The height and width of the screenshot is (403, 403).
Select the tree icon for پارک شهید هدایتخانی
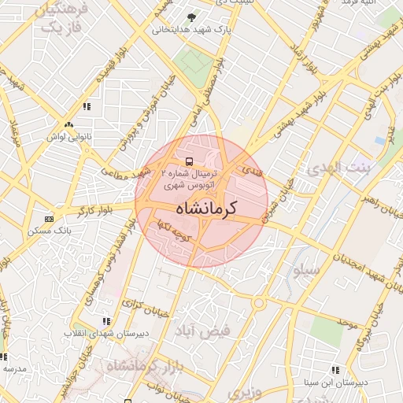191,17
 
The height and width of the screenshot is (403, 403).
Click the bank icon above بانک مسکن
50,219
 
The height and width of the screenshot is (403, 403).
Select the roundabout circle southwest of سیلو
258,303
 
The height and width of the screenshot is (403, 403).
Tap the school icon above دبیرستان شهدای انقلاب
105,321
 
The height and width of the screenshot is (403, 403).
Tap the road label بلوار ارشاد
304,58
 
